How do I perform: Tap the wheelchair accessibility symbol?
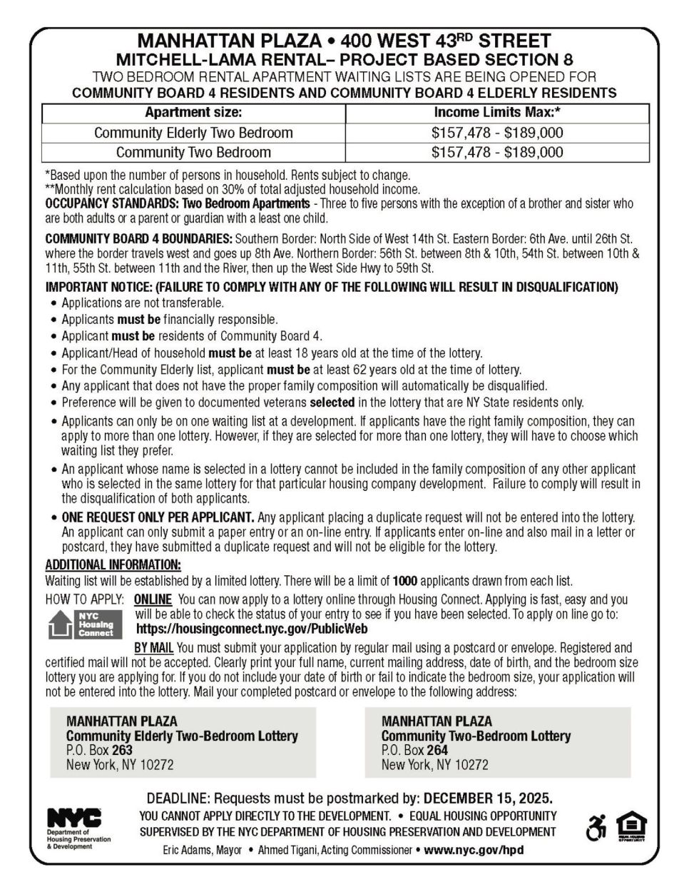click(594, 828)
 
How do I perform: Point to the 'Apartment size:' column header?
click(193, 113)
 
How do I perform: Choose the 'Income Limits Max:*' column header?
click(497, 113)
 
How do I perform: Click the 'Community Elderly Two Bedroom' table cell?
click(193, 133)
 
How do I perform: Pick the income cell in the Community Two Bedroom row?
click(497, 152)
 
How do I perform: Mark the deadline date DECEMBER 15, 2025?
click(489, 797)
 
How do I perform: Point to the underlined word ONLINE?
click(153, 599)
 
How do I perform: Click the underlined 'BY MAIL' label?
click(154, 648)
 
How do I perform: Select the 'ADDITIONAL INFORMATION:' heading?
click(113, 566)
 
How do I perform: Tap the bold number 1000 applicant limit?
click(404, 581)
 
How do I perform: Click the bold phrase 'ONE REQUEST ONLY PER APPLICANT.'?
click(158, 517)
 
